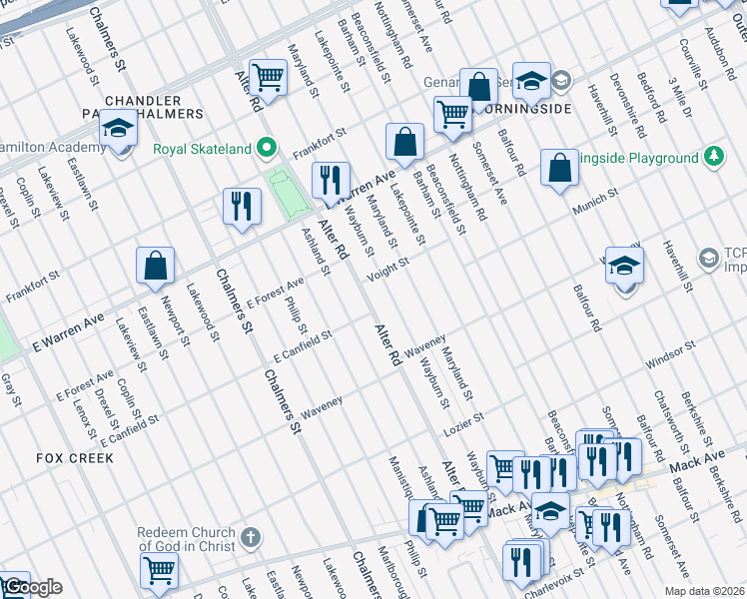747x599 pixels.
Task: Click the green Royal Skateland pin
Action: pyautogui.click(x=266, y=150)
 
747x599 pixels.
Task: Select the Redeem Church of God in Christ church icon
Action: pyautogui.click(x=250, y=537)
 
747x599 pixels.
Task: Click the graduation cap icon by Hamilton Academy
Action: pyautogui.click(x=118, y=130)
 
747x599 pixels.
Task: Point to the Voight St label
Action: pyautogui.click(x=389, y=267)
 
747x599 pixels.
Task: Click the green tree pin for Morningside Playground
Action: pyautogui.click(x=713, y=157)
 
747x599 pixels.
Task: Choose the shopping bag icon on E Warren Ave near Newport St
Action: pyautogui.click(x=156, y=266)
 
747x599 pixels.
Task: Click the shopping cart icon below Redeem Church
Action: pyautogui.click(x=159, y=572)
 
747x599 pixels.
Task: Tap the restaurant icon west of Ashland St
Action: pyautogui.click(x=241, y=207)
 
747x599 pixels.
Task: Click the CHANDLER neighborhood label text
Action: pyautogui.click(x=143, y=101)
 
